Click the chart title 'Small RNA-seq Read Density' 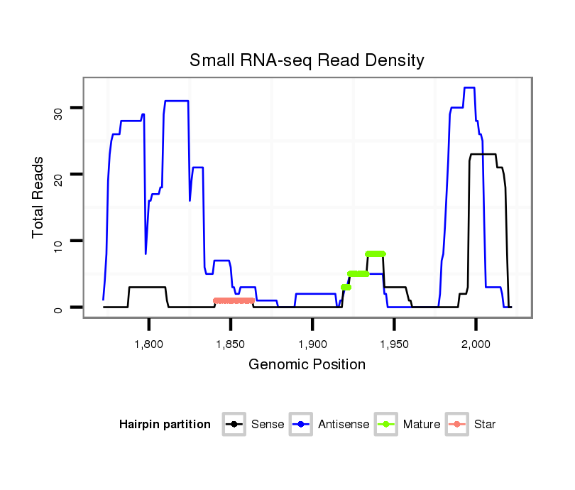tap(307, 60)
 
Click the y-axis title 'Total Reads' tap(38, 197)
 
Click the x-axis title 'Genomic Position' tap(307, 365)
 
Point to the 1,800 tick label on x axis tap(149, 344)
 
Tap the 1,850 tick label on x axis tap(231, 344)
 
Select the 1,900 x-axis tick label tap(312, 344)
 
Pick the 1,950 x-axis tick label tap(394, 344)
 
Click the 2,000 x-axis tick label tap(476, 344)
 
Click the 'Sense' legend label tap(268, 425)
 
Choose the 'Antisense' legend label tap(344, 425)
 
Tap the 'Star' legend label tap(485, 425)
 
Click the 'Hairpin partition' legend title tap(165, 425)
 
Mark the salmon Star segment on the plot tap(234, 300)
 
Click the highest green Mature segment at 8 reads tap(376, 254)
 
